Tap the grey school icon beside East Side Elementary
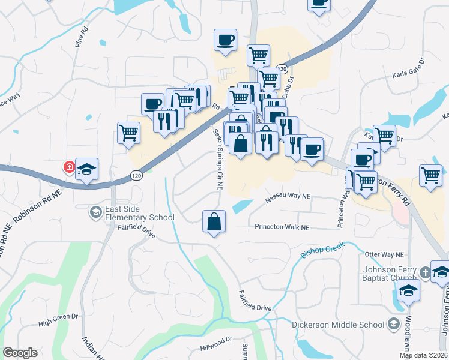pos(95,212)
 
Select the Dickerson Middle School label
pos(337,325)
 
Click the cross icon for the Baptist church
pos(424,272)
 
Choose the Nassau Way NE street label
pos(289,196)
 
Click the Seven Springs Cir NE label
pos(217,160)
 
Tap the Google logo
pos(20,353)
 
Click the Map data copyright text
pos(423,355)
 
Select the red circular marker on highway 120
pos(70,167)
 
